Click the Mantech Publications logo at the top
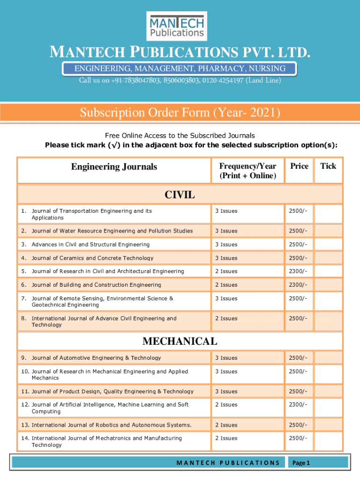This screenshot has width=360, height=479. (x=177, y=26)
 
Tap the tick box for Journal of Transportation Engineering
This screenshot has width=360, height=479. (x=328, y=214)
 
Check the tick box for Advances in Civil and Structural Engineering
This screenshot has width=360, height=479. (x=328, y=245)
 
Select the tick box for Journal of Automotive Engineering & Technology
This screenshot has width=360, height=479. (x=328, y=358)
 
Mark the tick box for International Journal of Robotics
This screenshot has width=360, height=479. (x=328, y=425)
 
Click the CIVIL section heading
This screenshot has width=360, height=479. (x=180, y=195)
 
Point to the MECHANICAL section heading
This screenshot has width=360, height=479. (x=180, y=341)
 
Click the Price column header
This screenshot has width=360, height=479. (x=299, y=166)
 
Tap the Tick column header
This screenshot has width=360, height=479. (x=328, y=166)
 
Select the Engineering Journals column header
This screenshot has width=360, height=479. (x=114, y=167)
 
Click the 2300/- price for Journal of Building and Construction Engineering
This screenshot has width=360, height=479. (x=298, y=285)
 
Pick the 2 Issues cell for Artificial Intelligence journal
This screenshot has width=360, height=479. (x=226, y=405)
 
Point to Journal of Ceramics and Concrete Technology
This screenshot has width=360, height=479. (x=92, y=258)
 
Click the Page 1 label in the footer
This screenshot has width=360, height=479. (x=301, y=463)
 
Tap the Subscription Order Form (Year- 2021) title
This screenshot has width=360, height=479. (x=180, y=113)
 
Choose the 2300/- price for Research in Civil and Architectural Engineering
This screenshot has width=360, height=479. (x=298, y=271)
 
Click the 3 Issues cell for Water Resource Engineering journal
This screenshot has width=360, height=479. (x=226, y=231)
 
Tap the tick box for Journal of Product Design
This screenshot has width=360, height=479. (x=328, y=392)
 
